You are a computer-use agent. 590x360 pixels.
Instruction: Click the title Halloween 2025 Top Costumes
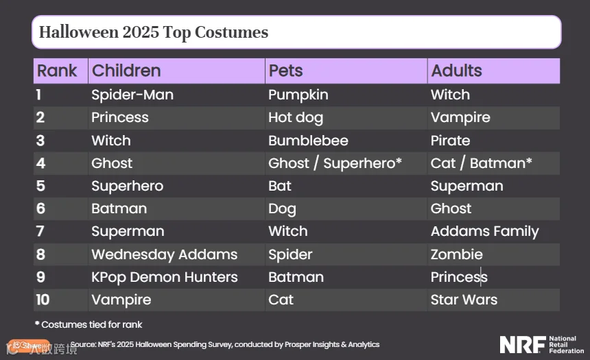154,32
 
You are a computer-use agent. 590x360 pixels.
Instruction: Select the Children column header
126,71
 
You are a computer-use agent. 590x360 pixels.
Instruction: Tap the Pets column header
285,71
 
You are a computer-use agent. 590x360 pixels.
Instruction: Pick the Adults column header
456,71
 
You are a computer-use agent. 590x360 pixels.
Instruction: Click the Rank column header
57,71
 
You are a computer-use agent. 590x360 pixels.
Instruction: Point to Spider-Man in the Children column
132,95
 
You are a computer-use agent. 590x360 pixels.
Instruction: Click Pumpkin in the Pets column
298,95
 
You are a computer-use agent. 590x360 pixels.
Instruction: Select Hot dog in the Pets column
296,118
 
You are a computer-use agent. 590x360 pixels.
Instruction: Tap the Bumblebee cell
308,141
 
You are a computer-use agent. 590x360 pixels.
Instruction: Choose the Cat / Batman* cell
481,163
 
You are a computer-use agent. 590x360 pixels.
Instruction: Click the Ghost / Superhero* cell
335,164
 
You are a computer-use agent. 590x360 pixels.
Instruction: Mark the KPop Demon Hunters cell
165,277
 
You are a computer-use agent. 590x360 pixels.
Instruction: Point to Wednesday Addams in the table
165,254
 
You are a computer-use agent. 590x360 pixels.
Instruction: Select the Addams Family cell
484,232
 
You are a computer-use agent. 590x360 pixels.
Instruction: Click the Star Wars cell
464,300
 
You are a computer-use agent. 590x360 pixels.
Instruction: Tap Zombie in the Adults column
456,254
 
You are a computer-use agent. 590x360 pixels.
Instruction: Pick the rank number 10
43,300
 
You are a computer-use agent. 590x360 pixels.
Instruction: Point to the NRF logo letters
523,345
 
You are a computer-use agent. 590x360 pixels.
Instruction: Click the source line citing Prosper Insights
224,345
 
